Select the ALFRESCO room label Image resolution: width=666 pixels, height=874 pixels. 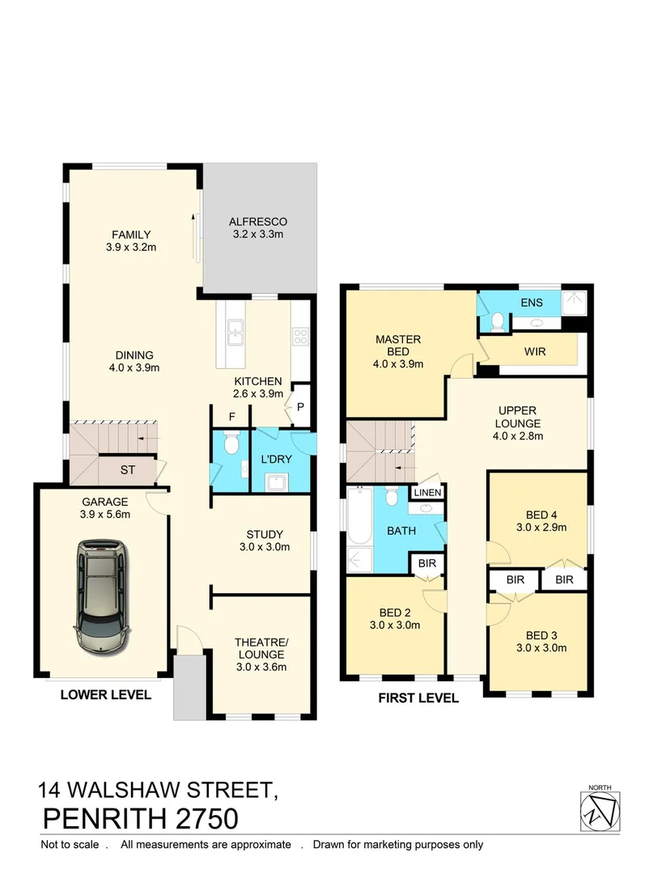tap(257, 221)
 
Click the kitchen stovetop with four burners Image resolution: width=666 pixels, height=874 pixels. tap(300, 336)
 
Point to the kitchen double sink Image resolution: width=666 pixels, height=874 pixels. tap(236, 328)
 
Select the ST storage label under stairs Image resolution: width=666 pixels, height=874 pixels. tap(128, 469)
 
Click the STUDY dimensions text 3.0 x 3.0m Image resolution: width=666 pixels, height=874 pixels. tap(265, 547)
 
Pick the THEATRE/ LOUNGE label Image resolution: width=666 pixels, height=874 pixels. tap(261, 648)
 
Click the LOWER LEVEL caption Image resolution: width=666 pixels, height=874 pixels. tap(106, 694)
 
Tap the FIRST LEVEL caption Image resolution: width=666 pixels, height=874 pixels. tap(418, 698)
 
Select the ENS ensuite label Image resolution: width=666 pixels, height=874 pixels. tap(531, 303)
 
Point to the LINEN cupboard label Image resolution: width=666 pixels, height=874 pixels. tap(427, 493)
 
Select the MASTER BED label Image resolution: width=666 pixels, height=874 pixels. tap(397, 346)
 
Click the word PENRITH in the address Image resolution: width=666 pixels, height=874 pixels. tap(104, 818)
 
